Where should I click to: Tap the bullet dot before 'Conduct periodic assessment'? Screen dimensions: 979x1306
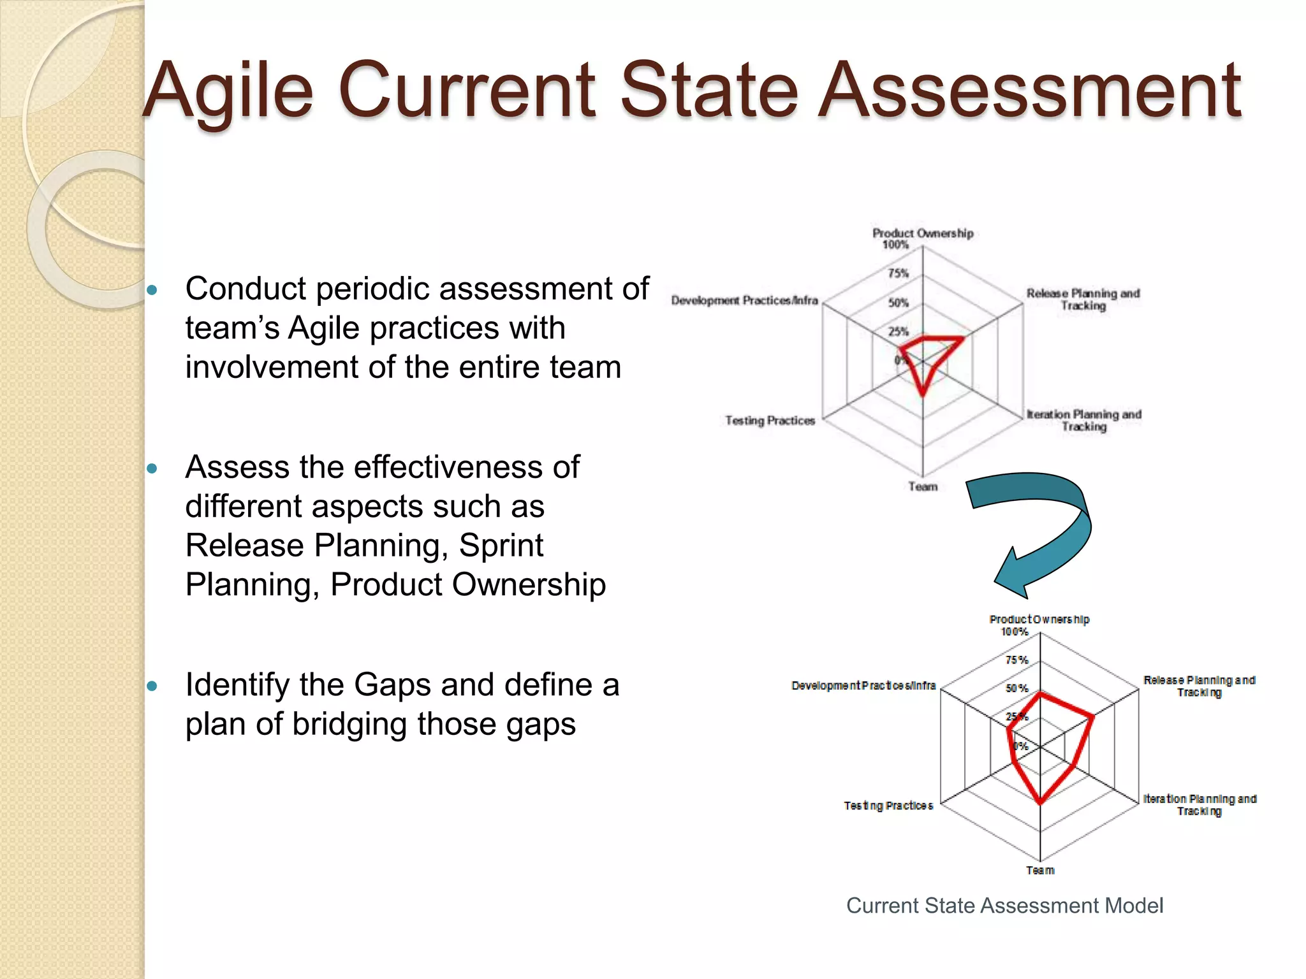click(x=152, y=291)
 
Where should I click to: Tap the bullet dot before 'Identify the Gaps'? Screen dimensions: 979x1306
click(x=152, y=686)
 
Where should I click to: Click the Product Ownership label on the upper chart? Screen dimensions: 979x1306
click(x=923, y=233)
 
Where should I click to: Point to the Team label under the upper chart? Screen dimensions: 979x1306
click(x=923, y=486)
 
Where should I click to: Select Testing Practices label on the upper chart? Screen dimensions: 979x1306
click(x=770, y=421)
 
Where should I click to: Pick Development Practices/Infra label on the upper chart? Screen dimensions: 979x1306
click(x=744, y=300)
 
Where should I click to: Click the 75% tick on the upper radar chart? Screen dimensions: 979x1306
click(x=898, y=273)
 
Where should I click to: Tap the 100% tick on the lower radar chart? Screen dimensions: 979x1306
click(x=1014, y=632)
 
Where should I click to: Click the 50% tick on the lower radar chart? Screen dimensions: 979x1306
click(x=1016, y=688)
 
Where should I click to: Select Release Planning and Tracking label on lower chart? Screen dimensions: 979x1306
click(x=1199, y=686)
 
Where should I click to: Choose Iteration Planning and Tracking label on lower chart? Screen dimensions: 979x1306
click(x=1199, y=804)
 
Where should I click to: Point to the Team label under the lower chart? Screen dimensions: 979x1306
click(x=1040, y=871)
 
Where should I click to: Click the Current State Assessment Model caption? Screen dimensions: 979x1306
click(x=1004, y=906)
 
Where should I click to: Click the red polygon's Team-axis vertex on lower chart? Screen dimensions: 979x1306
click(x=1040, y=802)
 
